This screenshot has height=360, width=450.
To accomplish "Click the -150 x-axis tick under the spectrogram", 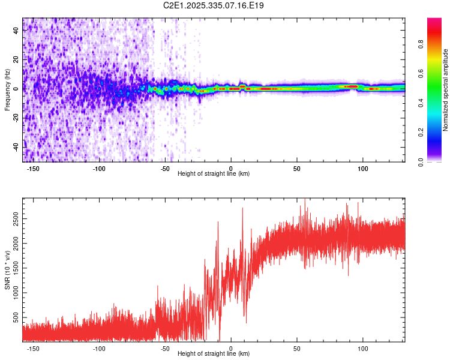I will tap(33, 169).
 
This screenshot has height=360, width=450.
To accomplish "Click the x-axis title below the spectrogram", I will tap(214, 174).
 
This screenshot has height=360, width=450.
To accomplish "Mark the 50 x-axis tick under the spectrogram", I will tap(296, 169).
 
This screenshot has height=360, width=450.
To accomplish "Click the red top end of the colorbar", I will tap(434, 21).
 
